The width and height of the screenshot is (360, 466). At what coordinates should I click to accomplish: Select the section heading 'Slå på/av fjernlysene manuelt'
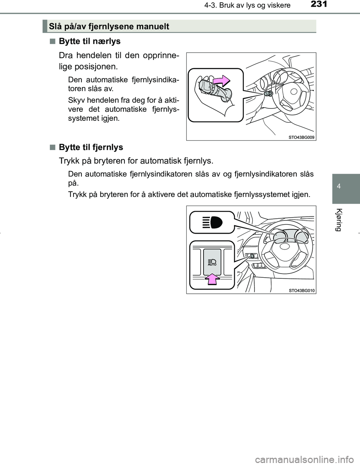(109, 27)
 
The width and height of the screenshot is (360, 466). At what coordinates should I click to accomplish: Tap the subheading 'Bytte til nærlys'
(90, 41)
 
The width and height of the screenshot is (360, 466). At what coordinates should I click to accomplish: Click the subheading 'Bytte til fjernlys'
(91, 147)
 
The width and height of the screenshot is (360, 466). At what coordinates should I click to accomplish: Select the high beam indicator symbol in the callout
(212, 222)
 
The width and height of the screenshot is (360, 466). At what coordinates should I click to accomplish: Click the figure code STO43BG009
(301, 137)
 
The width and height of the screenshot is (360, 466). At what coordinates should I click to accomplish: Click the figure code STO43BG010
(301, 290)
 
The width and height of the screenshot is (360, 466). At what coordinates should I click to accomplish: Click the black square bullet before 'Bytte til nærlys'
(51, 41)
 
